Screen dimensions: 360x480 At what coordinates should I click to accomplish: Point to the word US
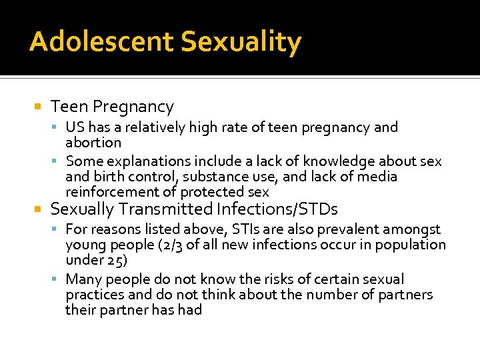point(75,127)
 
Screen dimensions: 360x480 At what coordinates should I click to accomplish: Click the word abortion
point(93,143)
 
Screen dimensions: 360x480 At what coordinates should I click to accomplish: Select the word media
point(377,177)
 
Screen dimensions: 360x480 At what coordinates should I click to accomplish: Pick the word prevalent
point(357,229)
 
